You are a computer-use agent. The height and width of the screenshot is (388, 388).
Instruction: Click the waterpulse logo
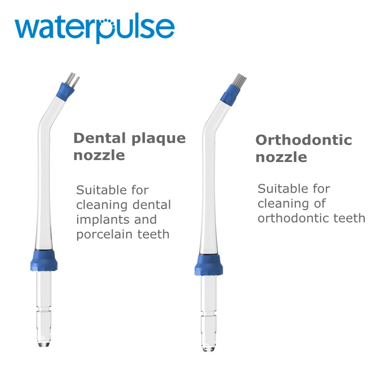click(94, 28)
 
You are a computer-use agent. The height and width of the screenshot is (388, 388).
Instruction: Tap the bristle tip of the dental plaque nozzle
click(72, 77)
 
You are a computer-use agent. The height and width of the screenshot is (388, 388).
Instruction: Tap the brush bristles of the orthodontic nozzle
click(237, 79)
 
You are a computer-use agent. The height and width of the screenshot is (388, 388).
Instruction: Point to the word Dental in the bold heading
click(99, 138)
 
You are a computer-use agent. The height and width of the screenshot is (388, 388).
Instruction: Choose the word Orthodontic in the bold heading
click(304, 140)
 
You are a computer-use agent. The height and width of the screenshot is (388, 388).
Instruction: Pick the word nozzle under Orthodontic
click(281, 157)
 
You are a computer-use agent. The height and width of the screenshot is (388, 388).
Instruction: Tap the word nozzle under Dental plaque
click(99, 155)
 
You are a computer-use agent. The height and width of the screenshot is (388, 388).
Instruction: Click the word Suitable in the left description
click(99, 190)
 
